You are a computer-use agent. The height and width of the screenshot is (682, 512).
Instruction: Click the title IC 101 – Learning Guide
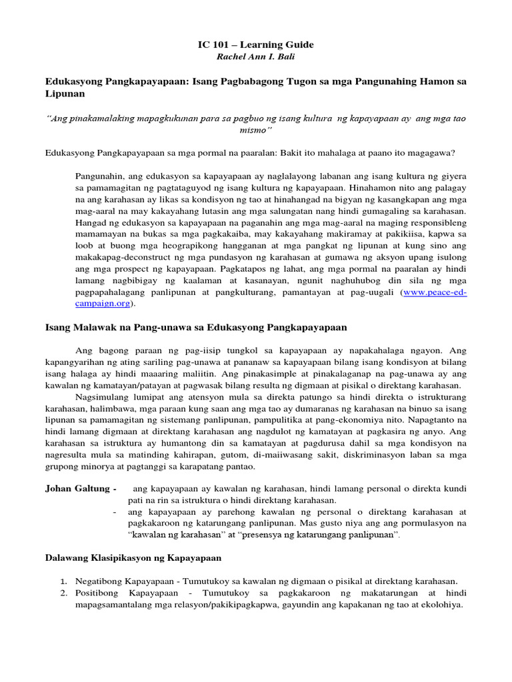pyautogui.click(x=256, y=45)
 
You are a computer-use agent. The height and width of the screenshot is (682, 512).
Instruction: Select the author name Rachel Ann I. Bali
pyautogui.click(x=256, y=57)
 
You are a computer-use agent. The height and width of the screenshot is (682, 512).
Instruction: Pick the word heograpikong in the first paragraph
pyautogui.click(x=175, y=245)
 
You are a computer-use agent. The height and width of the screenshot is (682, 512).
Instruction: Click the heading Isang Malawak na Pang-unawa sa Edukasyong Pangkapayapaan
pyautogui.click(x=195, y=327)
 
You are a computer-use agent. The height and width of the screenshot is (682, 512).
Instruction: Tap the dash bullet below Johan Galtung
pyautogui.click(x=116, y=512)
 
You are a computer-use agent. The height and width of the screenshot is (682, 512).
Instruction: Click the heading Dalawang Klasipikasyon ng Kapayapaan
pyautogui.click(x=133, y=557)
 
